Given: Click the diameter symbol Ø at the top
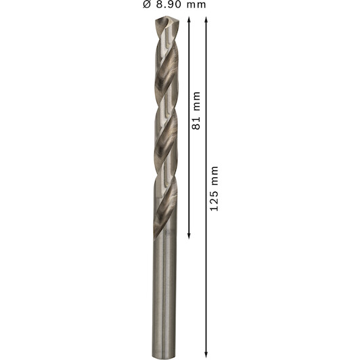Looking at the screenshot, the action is coord(147,4).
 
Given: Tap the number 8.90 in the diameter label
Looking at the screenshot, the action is coord(168,4).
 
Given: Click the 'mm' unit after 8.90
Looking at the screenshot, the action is coord(196,5).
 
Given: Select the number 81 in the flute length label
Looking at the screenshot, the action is coord(196,124).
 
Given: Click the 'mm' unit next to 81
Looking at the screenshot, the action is coord(197,101).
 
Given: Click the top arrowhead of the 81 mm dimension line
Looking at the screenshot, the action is coord(189,19).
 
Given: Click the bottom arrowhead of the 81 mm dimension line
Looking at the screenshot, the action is coord(189,236).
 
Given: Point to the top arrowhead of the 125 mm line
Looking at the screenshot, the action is coord(206,19).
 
